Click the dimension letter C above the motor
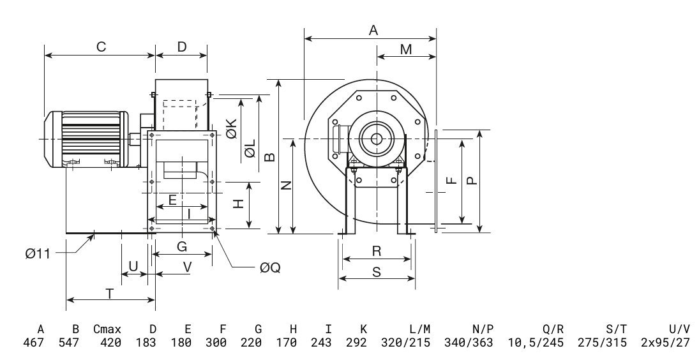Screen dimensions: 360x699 tap(100, 47)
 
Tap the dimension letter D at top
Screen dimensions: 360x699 tap(182, 47)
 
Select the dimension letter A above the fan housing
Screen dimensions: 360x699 tap(374, 29)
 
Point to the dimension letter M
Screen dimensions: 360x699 tap(406, 49)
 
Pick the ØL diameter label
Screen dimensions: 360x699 tap(250, 151)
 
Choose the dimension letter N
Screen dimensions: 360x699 tap(287, 185)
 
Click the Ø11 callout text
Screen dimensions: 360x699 tap(38, 253)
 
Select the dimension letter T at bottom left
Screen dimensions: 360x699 tap(110, 294)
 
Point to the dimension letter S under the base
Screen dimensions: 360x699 tap(376, 272)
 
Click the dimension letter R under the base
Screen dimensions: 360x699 tap(377, 251)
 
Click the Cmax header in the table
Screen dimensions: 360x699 tap(107, 329)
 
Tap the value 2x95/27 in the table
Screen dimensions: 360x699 tap(665, 343)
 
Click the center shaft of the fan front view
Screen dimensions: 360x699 tap(376, 137)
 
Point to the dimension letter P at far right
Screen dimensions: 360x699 tap(471, 181)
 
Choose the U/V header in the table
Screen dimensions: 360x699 tap(679, 329)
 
